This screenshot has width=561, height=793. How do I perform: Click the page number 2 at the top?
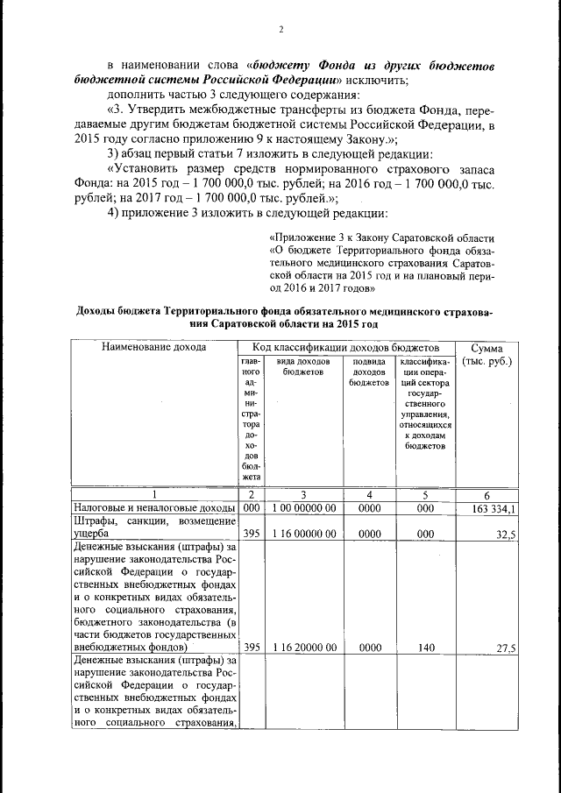coord(280,29)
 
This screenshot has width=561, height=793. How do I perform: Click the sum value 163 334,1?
coord(496,508)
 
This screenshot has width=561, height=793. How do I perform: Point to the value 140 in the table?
coord(425,648)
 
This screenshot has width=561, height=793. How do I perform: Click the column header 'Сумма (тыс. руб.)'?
coord(487,354)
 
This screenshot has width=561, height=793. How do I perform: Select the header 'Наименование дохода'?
coord(153,347)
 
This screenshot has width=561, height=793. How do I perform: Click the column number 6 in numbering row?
coord(487,494)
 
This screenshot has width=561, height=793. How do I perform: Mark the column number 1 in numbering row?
coord(153,494)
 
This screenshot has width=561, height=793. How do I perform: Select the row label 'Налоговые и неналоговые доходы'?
coord(153,508)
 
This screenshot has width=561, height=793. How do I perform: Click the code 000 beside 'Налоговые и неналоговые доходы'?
coord(251,508)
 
